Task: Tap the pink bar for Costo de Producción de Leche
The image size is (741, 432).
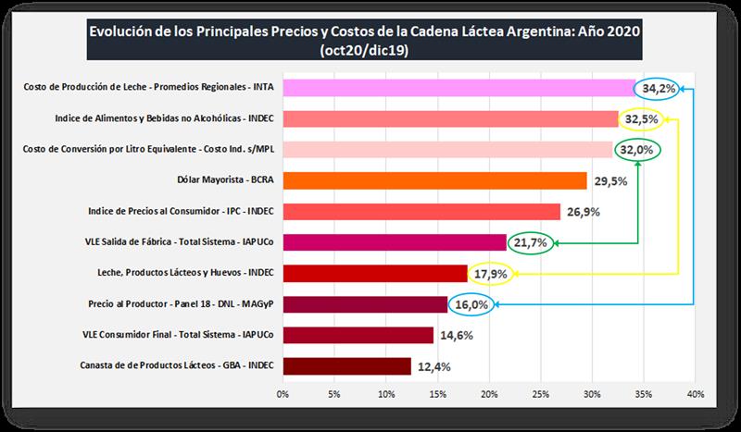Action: click(458, 88)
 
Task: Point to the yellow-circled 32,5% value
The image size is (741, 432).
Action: click(641, 119)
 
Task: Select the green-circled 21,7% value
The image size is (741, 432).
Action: click(532, 243)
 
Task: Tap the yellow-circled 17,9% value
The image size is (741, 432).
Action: click(492, 274)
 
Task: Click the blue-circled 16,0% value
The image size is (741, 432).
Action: click(471, 305)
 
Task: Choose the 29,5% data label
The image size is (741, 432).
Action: click(610, 181)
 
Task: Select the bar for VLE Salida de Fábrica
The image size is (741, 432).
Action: click(395, 242)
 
